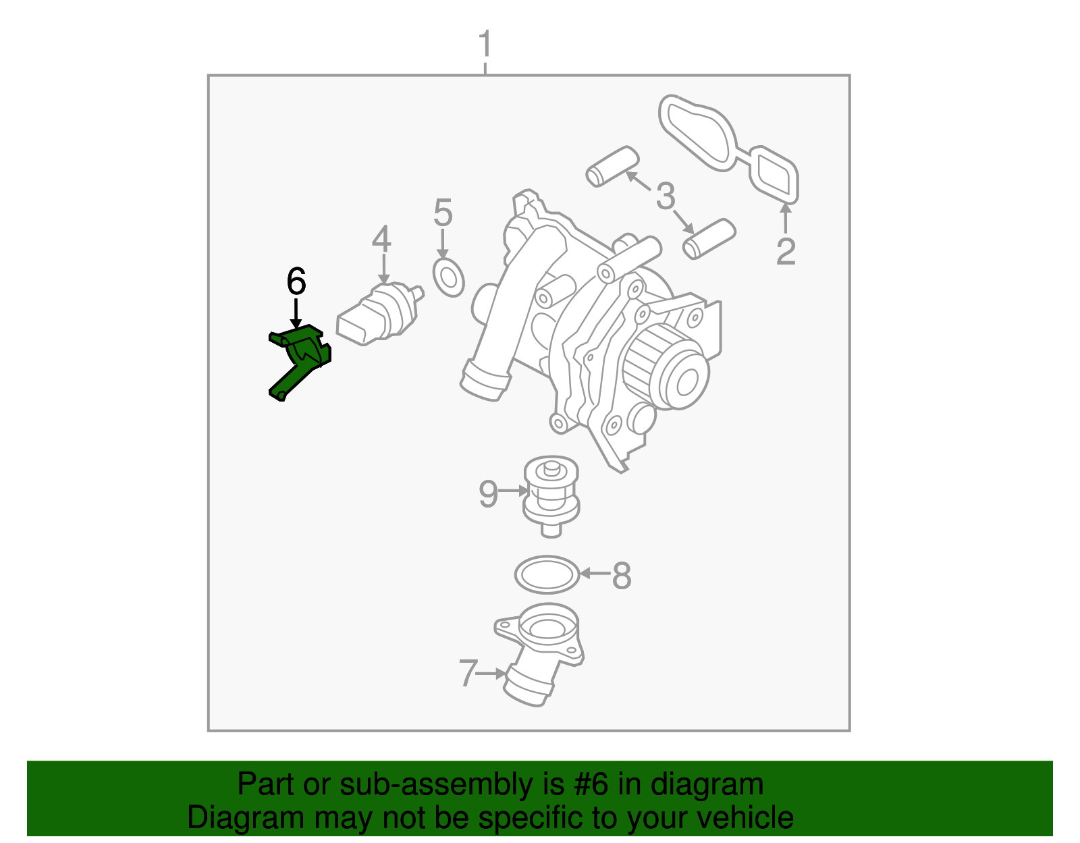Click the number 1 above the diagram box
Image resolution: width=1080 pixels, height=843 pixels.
click(x=485, y=45)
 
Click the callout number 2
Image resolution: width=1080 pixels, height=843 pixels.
click(x=786, y=252)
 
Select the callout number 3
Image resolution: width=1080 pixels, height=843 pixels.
click(x=666, y=196)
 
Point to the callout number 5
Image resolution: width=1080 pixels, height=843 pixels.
click(x=443, y=213)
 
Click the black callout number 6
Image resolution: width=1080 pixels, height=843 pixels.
click(x=296, y=281)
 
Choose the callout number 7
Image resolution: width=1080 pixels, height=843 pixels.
click(x=468, y=673)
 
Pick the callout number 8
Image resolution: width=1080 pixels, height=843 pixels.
click(x=622, y=576)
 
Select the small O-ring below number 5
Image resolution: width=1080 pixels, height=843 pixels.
click(x=449, y=277)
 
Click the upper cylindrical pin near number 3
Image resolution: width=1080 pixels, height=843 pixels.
click(x=612, y=166)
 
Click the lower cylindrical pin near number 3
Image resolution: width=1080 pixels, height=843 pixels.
click(x=708, y=238)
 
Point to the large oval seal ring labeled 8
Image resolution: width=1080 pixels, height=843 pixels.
click(x=547, y=575)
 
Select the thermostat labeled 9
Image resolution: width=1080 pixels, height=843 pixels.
click(x=551, y=495)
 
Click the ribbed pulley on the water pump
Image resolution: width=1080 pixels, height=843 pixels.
click(x=665, y=368)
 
